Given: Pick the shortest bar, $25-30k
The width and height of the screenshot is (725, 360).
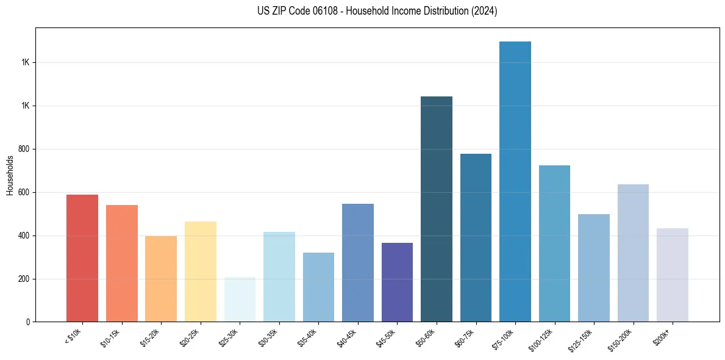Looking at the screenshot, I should [x=240, y=300].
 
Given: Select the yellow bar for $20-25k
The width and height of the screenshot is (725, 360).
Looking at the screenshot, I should [x=200, y=272].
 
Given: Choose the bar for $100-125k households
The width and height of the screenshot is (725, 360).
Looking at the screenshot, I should [x=554, y=243].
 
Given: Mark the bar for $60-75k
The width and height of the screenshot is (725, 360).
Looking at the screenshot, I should [x=476, y=237].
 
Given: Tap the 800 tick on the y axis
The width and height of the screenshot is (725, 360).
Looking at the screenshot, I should [x=24, y=149].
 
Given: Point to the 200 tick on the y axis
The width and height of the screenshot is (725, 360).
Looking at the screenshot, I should [x=24, y=279].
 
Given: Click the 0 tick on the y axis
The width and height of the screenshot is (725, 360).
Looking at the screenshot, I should [x=28, y=322].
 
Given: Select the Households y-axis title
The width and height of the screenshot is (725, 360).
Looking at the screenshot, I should [x=10, y=175].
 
